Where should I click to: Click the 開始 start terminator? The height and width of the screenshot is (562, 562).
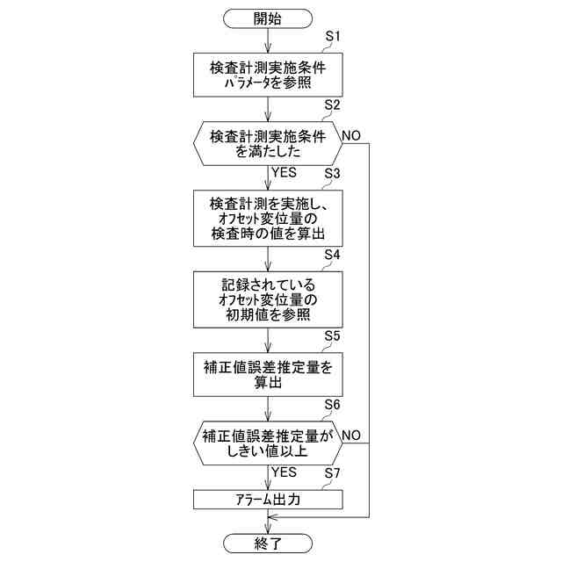[267, 18]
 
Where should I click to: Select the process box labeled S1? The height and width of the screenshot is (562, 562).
[267, 75]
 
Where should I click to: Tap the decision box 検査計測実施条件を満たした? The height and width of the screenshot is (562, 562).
[267, 143]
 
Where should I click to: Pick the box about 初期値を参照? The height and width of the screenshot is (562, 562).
[267, 299]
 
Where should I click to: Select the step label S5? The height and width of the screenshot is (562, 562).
[333, 335]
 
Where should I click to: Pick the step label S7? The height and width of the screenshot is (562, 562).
[333, 474]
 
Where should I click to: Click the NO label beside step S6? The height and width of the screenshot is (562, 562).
[351, 435]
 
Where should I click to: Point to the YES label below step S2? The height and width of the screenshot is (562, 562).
[285, 172]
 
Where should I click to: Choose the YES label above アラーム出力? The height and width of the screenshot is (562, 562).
[285, 472]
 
